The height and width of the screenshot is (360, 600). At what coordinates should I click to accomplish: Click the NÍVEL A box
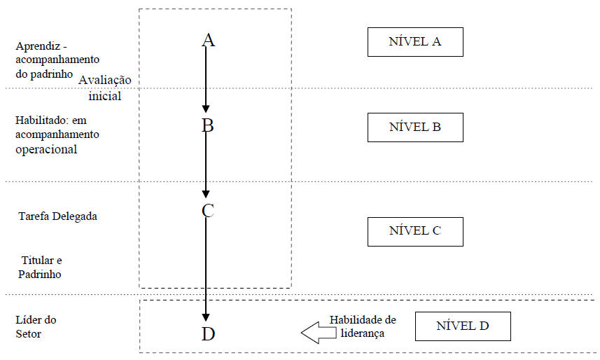pyautogui.click(x=415, y=41)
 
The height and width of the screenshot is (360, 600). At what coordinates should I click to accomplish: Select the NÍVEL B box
pyautogui.click(x=415, y=127)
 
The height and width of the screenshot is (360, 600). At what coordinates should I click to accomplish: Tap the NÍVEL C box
pyautogui.click(x=415, y=230)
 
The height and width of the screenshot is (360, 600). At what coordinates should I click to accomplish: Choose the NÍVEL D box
pyautogui.click(x=463, y=326)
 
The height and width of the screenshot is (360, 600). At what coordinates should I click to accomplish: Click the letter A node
pyautogui.click(x=207, y=40)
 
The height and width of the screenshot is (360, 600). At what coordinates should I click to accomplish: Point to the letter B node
pyautogui.click(x=207, y=126)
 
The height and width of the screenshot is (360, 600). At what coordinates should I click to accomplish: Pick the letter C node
pyautogui.click(x=207, y=210)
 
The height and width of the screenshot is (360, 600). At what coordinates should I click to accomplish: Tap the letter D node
pyautogui.click(x=208, y=333)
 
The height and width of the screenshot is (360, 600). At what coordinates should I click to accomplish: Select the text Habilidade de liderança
pyautogui.click(x=363, y=326)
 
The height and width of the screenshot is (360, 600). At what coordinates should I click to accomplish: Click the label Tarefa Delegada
pyautogui.click(x=57, y=216)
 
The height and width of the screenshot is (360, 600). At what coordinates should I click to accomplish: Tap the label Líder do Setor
pyautogui.click(x=35, y=326)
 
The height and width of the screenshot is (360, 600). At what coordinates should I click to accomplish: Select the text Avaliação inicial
pyautogui.click(x=105, y=88)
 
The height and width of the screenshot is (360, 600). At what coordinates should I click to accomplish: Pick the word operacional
pyautogui.click(x=46, y=149)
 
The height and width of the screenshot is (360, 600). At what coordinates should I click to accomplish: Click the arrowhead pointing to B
pyautogui.click(x=206, y=109)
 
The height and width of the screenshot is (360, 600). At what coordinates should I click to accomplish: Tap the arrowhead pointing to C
pyautogui.click(x=206, y=193)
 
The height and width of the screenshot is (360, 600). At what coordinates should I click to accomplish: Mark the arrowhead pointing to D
pyautogui.click(x=206, y=316)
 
